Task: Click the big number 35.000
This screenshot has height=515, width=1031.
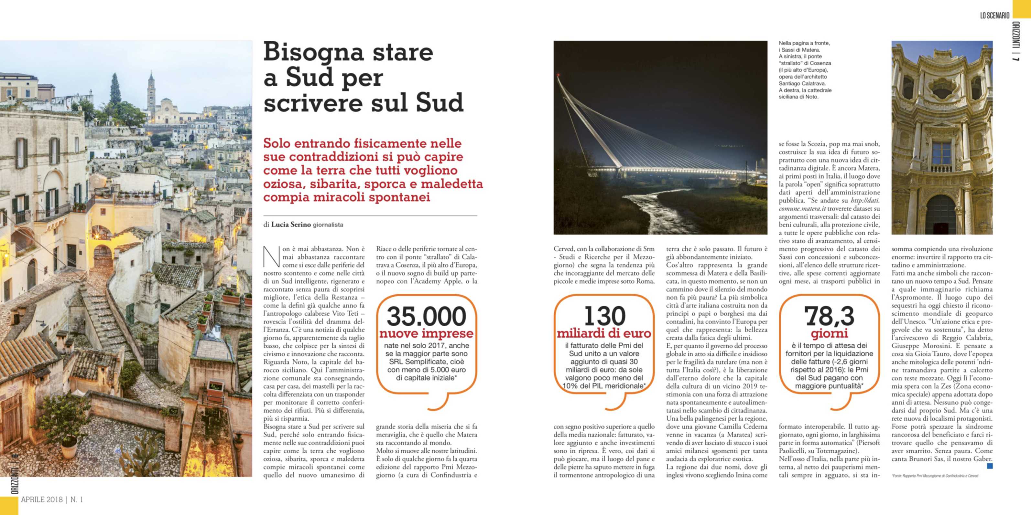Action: tap(426, 316)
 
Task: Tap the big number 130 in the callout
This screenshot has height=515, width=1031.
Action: tap(604, 316)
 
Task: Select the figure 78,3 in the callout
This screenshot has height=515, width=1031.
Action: tap(829, 316)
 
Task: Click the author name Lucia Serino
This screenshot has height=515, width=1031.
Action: tap(291, 225)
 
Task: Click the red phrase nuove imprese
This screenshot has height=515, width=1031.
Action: tap(426, 333)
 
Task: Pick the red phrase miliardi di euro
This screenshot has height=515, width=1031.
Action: tap(604, 333)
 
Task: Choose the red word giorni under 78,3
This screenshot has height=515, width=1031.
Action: tap(829, 333)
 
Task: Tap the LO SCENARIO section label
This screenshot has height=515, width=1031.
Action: tap(994, 16)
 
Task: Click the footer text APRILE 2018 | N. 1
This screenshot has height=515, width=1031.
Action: tap(52, 499)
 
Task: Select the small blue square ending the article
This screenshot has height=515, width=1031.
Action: tap(990, 466)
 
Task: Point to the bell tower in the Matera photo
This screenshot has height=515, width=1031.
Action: tap(151, 92)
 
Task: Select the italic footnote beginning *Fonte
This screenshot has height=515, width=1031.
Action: tap(935, 476)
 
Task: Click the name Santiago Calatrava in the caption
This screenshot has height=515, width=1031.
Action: tap(799, 83)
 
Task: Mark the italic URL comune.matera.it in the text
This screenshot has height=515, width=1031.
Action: tap(802, 209)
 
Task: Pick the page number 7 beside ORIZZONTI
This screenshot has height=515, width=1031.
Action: tap(1015, 58)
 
